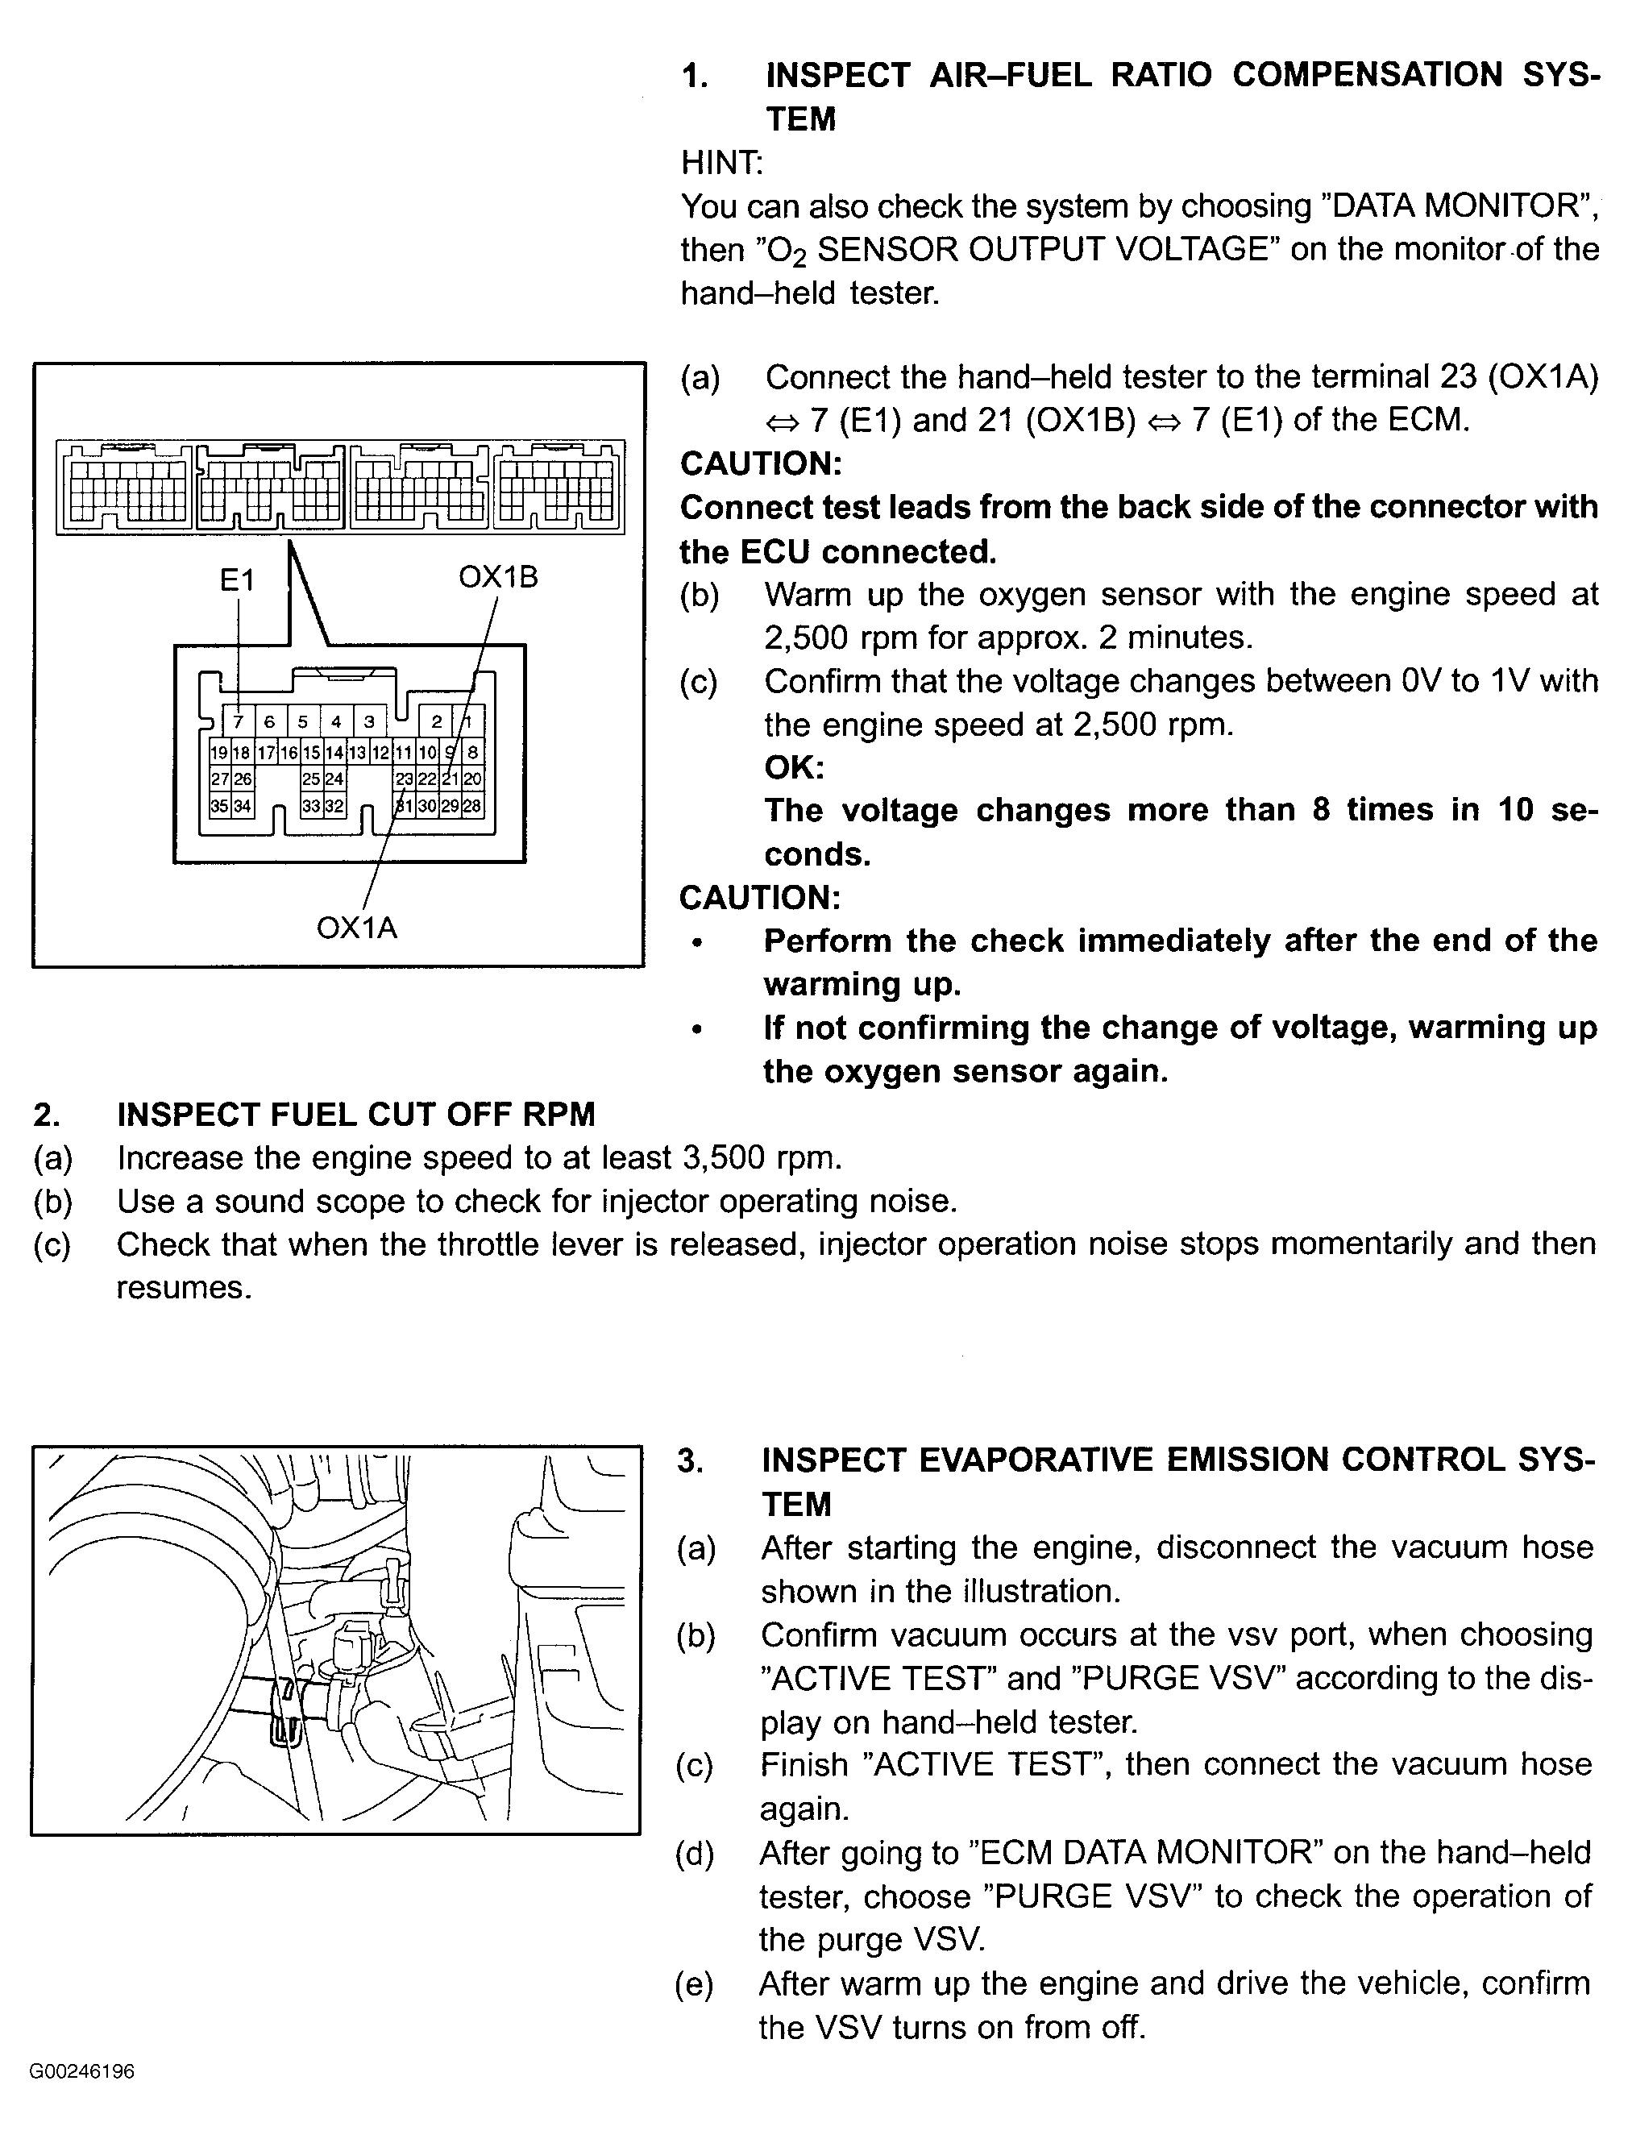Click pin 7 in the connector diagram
tap(238, 722)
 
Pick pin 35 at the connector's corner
tap(218, 805)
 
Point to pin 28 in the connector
tap(472, 805)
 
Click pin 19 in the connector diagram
tap(218, 752)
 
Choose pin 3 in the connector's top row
tap(369, 722)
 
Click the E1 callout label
tap(237, 580)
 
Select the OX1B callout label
tap(497, 577)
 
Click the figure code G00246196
tap(81, 2071)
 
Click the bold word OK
tap(794, 767)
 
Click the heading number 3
tap(689, 1460)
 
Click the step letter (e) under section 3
tap(695, 1984)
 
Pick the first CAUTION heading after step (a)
tap(761, 463)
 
